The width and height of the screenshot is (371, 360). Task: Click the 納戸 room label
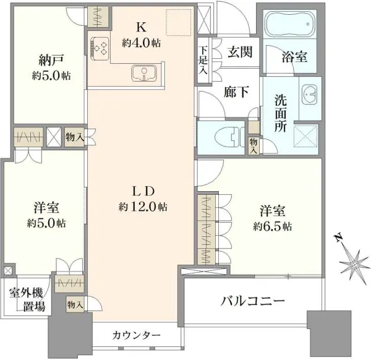(x=46, y=62)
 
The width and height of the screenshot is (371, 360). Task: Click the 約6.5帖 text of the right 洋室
(x=272, y=226)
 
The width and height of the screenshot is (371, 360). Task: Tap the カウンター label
(x=137, y=335)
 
